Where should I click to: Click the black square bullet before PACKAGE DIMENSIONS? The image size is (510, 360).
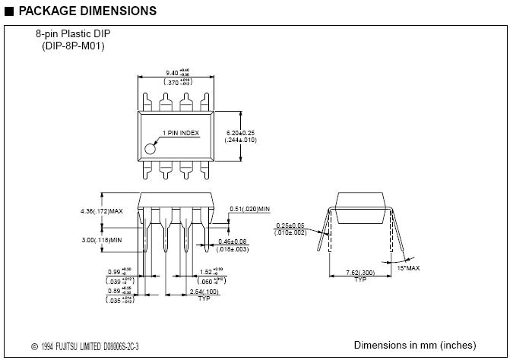[8, 11]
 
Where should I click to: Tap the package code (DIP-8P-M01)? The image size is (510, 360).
[73, 46]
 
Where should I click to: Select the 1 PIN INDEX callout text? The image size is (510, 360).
[179, 133]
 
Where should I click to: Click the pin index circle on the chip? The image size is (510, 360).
[150, 148]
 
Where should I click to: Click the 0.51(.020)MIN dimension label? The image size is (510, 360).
[250, 208]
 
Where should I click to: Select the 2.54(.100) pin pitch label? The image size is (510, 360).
[203, 292]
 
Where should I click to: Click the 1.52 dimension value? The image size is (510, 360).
[211, 271]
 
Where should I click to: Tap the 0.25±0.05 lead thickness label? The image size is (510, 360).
[290, 226]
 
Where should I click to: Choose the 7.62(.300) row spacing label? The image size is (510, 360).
[360, 273]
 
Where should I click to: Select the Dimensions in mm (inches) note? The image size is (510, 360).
[415, 345]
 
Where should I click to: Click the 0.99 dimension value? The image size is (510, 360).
[114, 271]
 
